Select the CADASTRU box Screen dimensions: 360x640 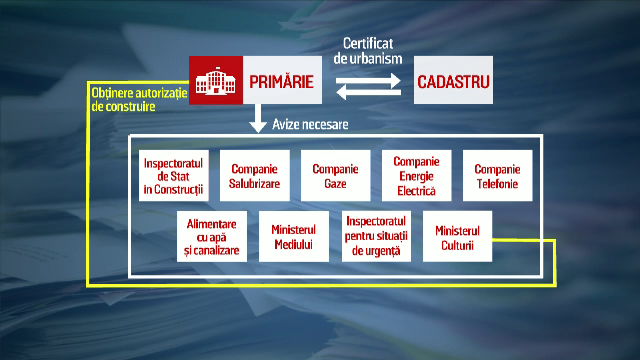click(x=454, y=81)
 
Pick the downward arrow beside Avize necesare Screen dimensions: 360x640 click(x=258, y=124)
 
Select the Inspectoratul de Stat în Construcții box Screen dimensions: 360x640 click(x=172, y=176)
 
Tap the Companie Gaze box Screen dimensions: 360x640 click(x=335, y=176)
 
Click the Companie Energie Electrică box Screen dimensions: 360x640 click(x=415, y=176)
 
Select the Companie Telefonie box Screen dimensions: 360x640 click(x=496, y=176)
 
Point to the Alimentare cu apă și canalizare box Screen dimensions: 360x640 click(x=212, y=237)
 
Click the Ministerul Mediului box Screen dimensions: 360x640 click(x=293, y=237)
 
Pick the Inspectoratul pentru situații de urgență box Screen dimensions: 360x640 click(x=375, y=237)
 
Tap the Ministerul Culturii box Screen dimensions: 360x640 click(x=456, y=237)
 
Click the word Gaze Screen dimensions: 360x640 click(x=335, y=184)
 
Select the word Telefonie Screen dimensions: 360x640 click(x=496, y=184)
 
